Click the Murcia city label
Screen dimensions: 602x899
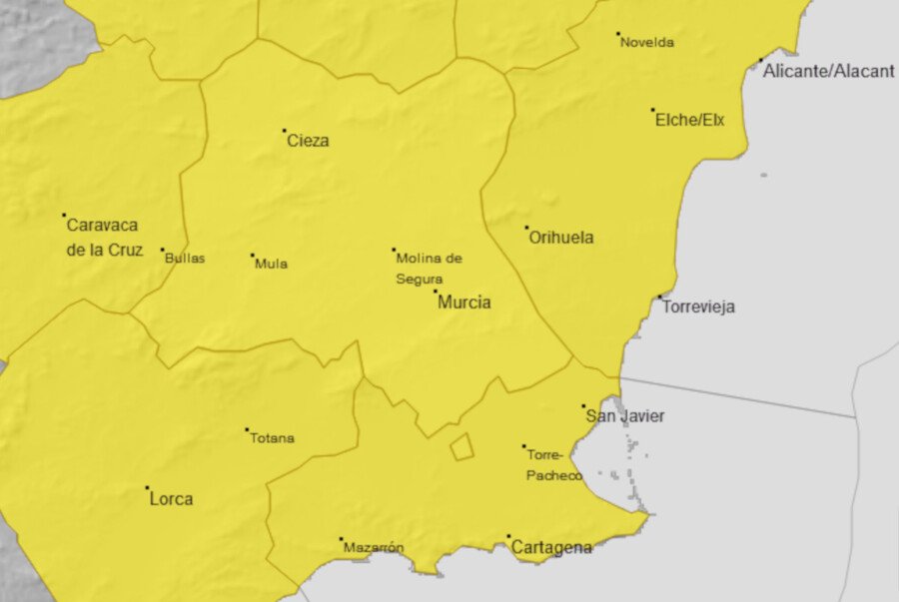tap(464, 302)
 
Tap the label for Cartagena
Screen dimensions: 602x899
tap(551, 548)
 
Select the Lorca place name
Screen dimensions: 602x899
tap(171, 499)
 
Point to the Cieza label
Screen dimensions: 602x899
tap(308, 141)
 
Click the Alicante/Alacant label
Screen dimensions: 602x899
tap(828, 72)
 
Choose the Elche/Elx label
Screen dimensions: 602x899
tap(689, 121)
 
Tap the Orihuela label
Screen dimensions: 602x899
tap(560, 238)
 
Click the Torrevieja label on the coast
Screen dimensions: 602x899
tap(698, 306)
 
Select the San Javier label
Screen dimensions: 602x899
tap(625, 416)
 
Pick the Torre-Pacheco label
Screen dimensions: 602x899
tap(554, 466)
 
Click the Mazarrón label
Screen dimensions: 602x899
tap(374, 548)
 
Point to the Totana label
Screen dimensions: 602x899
tap(272, 438)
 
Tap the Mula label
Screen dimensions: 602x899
tap(271, 264)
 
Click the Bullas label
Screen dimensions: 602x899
tap(185, 258)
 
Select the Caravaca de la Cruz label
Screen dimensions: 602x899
tap(103, 238)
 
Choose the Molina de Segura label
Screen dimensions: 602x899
tap(429, 269)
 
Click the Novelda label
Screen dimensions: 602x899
tap(647, 43)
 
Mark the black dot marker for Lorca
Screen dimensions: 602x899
tap(148, 488)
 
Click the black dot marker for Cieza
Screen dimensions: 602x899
tap(285, 131)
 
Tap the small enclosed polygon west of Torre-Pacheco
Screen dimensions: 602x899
tap(460, 447)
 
